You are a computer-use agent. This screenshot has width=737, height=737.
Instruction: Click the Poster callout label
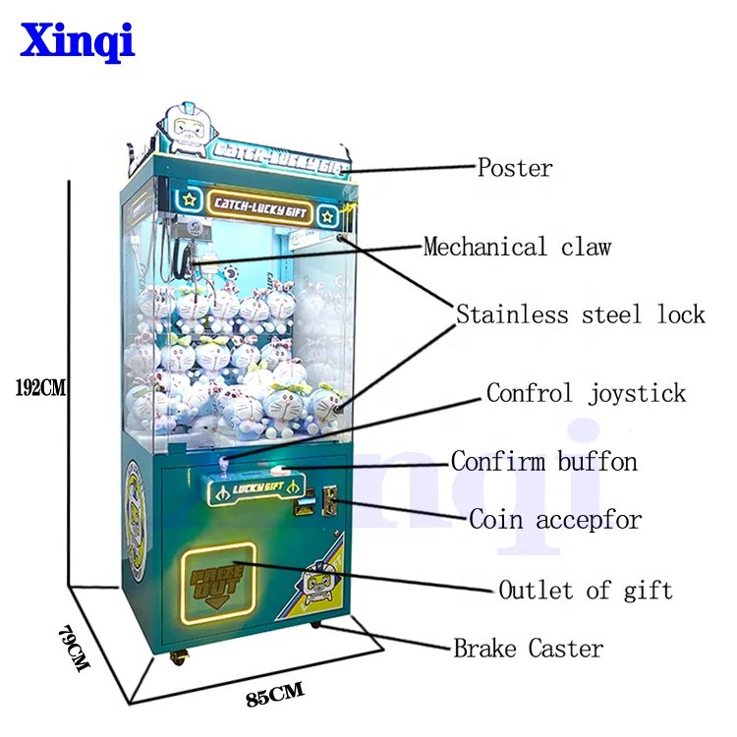514,168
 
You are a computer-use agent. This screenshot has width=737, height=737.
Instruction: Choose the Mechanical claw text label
517,247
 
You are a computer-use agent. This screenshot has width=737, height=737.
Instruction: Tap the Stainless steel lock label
580,314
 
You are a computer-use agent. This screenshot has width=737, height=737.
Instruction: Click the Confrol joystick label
586,394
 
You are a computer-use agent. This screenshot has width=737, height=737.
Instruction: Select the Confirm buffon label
543,460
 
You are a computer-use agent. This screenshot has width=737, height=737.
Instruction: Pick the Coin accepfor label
554,519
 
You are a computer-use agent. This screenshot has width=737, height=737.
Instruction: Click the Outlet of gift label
585,591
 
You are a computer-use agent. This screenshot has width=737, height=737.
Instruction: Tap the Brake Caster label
528,649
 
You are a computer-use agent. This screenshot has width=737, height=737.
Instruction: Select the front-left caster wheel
180,656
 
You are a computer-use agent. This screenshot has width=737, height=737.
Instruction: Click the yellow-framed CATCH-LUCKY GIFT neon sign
261,204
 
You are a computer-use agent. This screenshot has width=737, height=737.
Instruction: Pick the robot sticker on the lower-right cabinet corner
318,581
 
